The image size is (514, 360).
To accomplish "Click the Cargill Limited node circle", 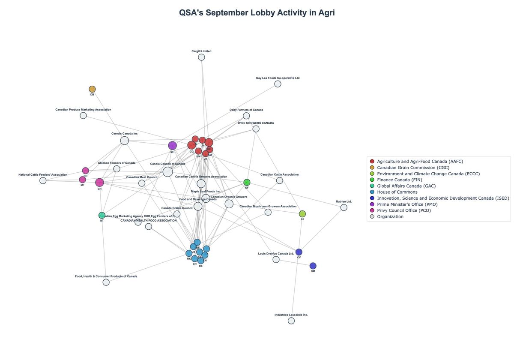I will pyautogui.click(x=201, y=57).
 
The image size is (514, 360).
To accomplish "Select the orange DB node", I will pyautogui.click(x=92, y=89).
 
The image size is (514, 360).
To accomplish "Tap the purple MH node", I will pyautogui.click(x=172, y=146).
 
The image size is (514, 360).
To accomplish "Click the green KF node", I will pyautogui.click(x=247, y=183).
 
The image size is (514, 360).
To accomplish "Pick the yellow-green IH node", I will pyautogui.click(x=302, y=214).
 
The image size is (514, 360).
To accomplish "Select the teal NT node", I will pyautogui.click(x=102, y=215).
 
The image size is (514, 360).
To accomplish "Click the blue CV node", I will pyautogui.click(x=299, y=252).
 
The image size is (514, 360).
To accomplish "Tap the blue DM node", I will pyautogui.click(x=313, y=266).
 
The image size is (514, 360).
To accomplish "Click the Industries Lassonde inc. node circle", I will pyautogui.click(x=291, y=321).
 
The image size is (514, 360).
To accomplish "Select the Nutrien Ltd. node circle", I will pyautogui.click(x=344, y=207).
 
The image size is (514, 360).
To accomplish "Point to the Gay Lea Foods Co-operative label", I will pyautogui.click(x=278, y=78).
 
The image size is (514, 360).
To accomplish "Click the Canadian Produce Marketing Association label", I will pyautogui.click(x=83, y=110).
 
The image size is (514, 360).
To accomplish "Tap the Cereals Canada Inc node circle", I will pyautogui.click(x=124, y=141).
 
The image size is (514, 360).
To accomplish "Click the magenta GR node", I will pyautogui.click(x=99, y=183).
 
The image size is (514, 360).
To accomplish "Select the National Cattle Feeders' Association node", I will pyautogui.click(x=43, y=180).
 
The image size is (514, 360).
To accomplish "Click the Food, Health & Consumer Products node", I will pyautogui.click(x=106, y=282).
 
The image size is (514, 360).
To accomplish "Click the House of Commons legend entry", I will pyautogui.click(x=397, y=192).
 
